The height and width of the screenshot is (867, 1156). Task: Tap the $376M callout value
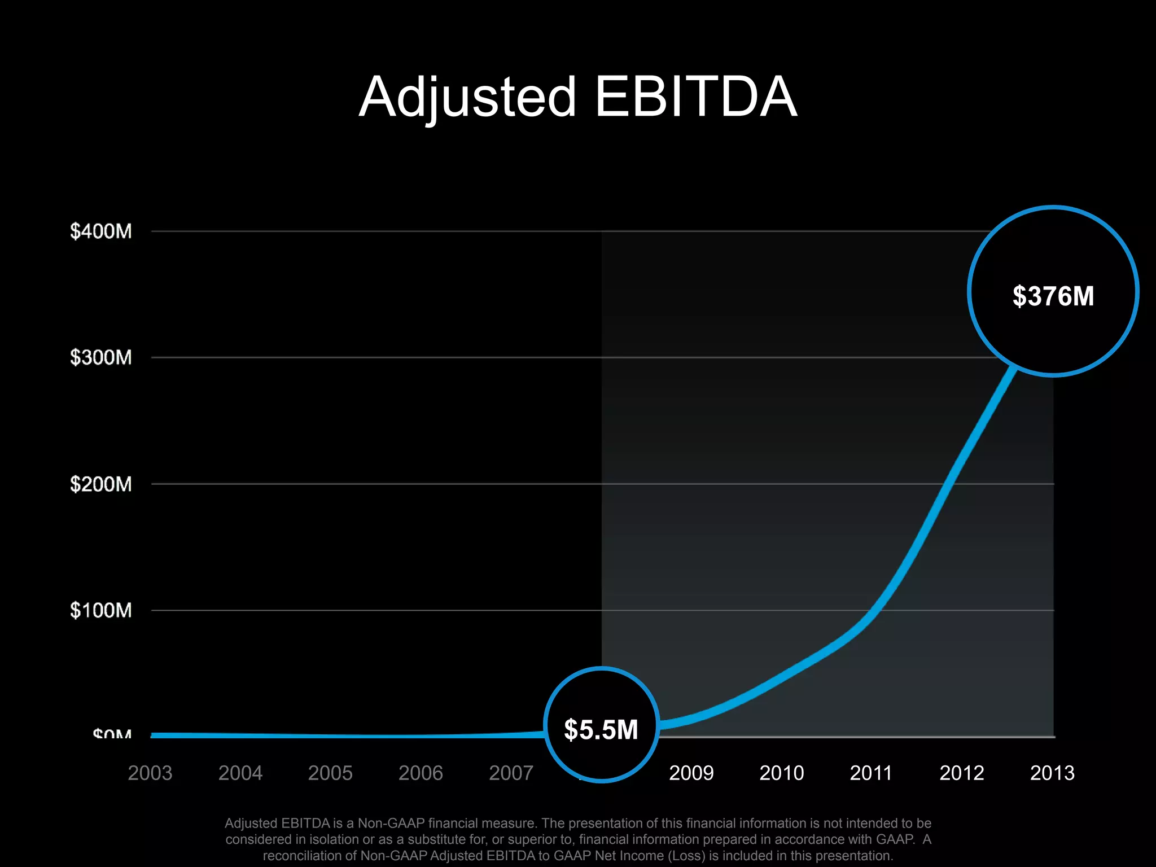click(1053, 296)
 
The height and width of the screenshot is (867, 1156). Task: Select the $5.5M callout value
click(601, 729)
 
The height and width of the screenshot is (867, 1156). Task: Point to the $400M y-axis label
click(100, 231)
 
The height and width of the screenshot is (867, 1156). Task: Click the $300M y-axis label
click(100, 357)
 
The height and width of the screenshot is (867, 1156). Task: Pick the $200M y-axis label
click(100, 484)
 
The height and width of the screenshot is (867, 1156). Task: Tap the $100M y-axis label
click(100, 610)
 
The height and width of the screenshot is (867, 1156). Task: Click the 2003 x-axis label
click(150, 773)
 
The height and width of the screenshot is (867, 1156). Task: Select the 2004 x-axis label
click(240, 773)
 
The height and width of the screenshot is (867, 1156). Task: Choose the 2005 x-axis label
click(330, 773)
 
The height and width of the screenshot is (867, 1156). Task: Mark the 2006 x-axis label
click(421, 773)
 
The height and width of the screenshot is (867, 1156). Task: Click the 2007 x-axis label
click(511, 773)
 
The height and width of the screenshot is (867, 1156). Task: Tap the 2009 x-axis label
click(691, 773)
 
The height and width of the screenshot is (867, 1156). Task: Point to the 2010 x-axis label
click(782, 773)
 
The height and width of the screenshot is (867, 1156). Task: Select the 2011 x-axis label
click(871, 773)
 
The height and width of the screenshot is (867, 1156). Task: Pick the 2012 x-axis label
click(962, 773)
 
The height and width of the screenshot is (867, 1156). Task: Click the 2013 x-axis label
click(1052, 773)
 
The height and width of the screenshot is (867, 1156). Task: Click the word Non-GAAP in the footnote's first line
click(391, 824)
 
